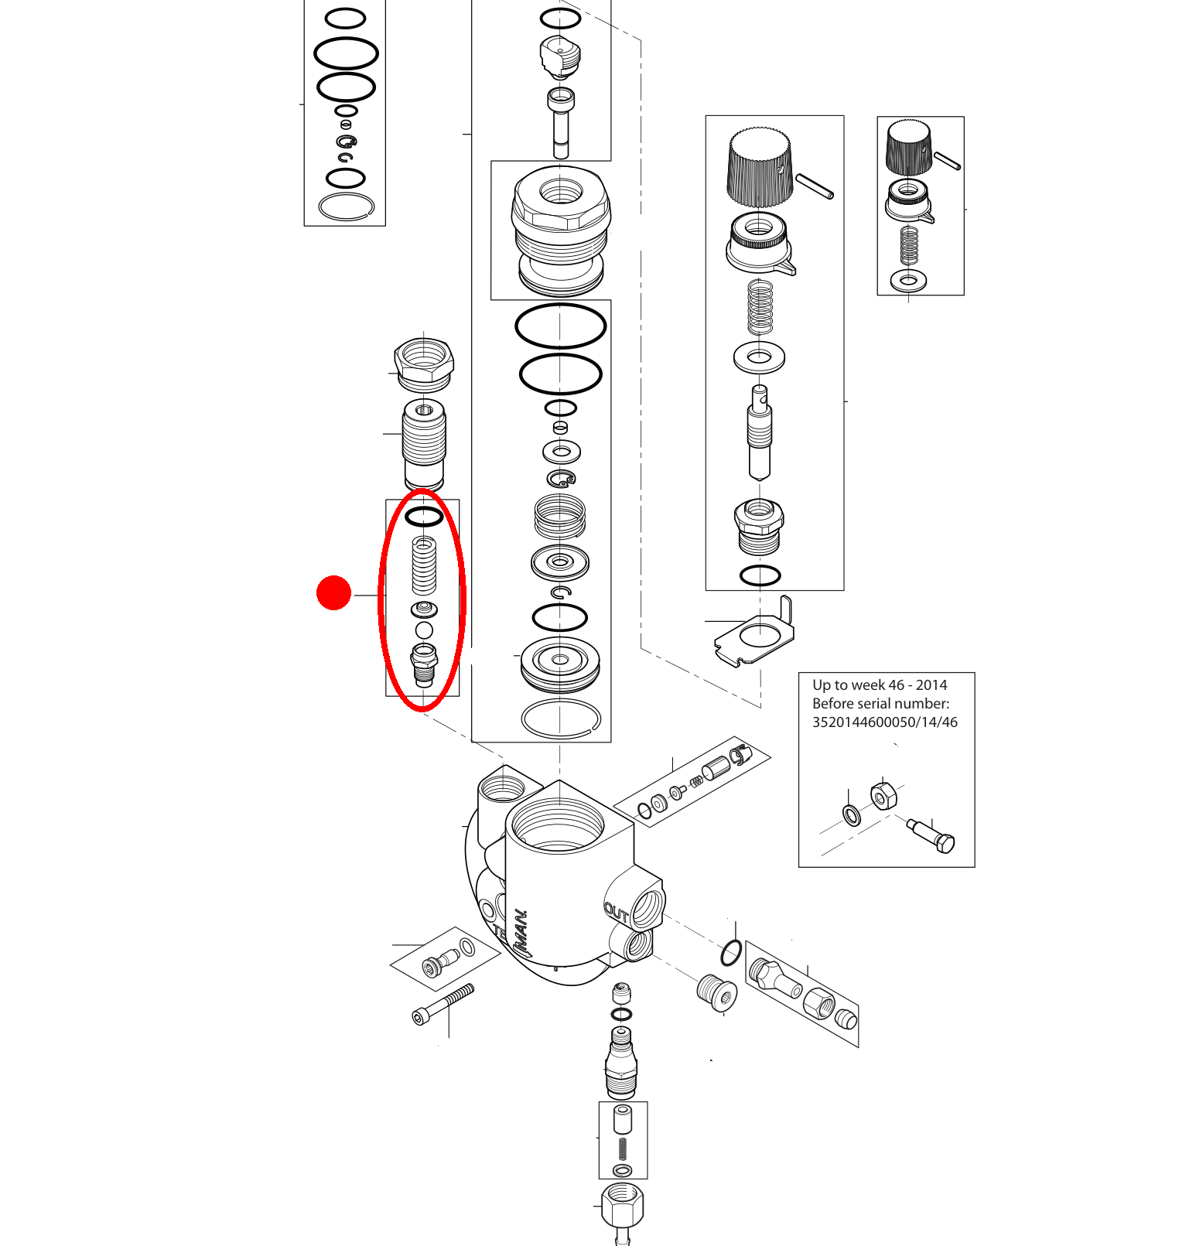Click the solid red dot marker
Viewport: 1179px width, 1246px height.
(334, 592)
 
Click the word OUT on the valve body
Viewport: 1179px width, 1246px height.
(617, 913)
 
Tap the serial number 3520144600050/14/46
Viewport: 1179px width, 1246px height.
(884, 722)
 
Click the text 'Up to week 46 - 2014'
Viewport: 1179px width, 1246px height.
(880, 685)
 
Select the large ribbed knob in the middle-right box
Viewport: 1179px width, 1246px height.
(760, 168)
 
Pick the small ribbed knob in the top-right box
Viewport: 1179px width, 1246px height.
(908, 147)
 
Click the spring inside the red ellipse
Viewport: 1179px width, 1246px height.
(424, 565)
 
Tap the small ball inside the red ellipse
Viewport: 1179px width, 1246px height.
(424, 630)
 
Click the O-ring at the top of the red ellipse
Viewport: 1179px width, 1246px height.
(424, 516)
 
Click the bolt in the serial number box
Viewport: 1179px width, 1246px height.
(931, 835)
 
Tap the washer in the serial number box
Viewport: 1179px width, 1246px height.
(851, 814)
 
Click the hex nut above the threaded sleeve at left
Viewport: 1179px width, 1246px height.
(424, 362)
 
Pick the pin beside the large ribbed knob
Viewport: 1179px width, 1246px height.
(815, 186)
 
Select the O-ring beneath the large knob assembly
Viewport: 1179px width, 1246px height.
(760, 575)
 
